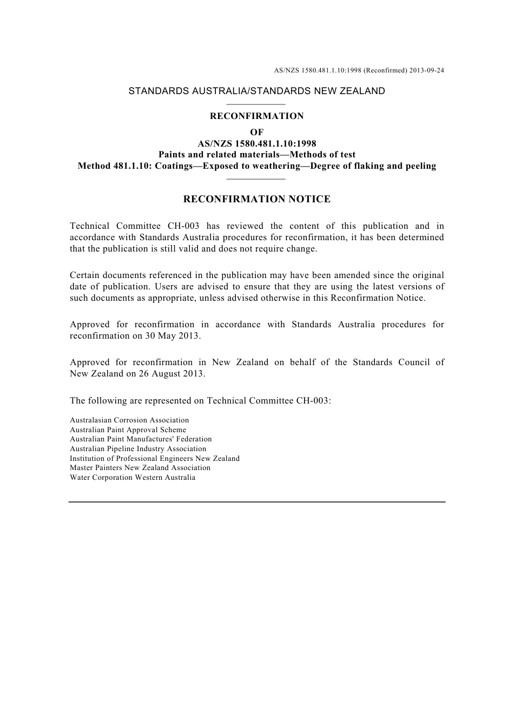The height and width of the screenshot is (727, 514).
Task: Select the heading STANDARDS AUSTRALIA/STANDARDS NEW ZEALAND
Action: point(256,91)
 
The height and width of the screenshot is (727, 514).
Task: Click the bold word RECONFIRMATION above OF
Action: point(256,116)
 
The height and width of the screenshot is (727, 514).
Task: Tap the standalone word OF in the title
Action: point(256,133)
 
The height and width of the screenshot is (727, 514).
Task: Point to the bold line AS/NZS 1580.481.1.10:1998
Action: point(256,144)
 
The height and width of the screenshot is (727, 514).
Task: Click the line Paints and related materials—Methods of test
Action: point(256,155)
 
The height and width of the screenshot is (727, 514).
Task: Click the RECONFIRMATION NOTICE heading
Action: point(256,199)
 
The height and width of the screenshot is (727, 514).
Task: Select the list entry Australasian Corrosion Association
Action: point(129,420)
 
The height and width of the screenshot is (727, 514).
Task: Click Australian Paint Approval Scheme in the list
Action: point(128,430)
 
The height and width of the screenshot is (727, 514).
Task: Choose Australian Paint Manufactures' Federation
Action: point(141,439)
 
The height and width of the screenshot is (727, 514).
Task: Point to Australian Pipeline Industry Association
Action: point(138,449)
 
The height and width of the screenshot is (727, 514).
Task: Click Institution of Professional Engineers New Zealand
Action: point(155,459)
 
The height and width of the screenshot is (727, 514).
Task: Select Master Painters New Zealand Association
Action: point(140,468)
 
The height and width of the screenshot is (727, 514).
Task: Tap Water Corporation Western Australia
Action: point(133,478)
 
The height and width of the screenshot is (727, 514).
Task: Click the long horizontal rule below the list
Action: point(256,502)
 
